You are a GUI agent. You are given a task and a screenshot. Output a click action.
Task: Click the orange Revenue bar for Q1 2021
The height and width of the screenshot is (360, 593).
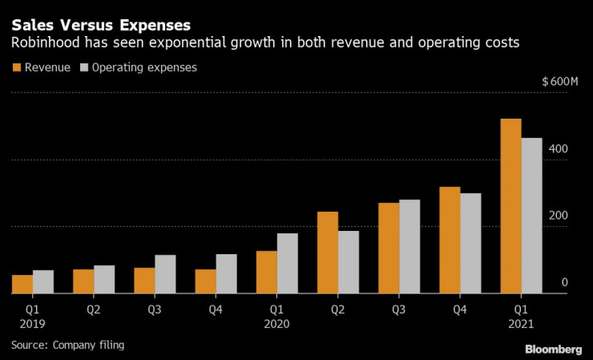[x=510, y=206]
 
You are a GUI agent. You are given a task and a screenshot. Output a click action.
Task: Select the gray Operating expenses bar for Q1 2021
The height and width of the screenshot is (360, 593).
[x=531, y=216]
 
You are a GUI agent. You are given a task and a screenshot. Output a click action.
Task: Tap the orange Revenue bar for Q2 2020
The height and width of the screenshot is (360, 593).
[x=328, y=253]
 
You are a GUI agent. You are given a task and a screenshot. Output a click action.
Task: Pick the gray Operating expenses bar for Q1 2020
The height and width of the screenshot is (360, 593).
[x=287, y=263]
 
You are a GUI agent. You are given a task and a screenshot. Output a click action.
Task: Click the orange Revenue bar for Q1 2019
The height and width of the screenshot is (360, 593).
[x=22, y=285]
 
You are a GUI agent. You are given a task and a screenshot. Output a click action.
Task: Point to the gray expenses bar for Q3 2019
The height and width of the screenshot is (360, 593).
[x=165, y=274]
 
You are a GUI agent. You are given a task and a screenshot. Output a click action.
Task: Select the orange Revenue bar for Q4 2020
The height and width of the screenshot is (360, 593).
[x=450, y=241]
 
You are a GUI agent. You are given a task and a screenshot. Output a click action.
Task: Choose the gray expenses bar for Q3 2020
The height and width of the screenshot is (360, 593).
[x=409, y=246]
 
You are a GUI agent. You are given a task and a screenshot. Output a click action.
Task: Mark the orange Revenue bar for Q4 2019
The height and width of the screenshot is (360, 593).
[x=206, y=281]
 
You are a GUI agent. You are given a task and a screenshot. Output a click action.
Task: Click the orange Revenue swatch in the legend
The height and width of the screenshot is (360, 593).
[x=17, y=68]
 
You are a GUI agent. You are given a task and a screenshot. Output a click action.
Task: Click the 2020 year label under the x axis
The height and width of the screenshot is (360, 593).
[x=276, y=324]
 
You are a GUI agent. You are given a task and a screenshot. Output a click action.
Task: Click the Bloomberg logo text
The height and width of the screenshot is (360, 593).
[x=553, y=349]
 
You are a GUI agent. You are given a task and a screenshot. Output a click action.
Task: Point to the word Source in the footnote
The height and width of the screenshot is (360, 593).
[x=29, y=345]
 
